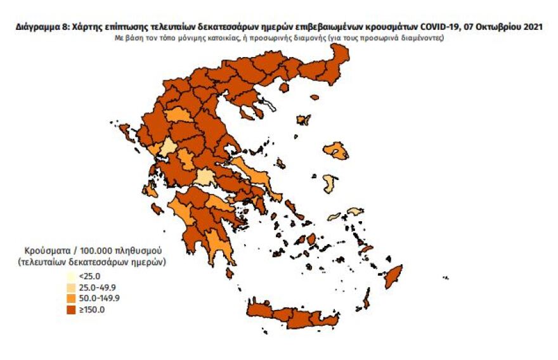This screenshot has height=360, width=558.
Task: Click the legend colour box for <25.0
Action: tap(72, 276)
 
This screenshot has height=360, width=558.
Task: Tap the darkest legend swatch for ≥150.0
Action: tap(72, 309)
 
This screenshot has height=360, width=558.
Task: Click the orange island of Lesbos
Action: tap(336, 151)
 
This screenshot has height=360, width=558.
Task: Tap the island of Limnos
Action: tap(304, 119)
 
